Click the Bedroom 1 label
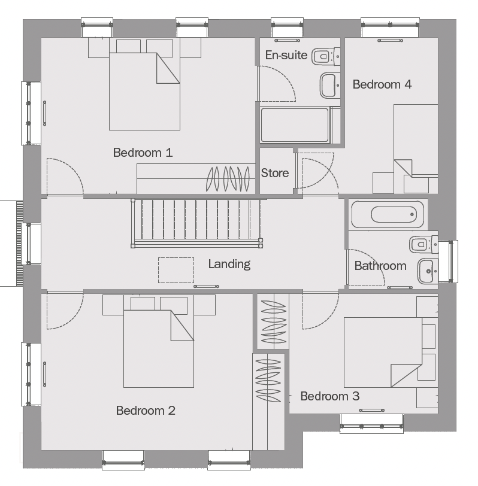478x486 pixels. [x=143, y=153]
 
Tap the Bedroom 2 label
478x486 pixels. [x=146, y=411]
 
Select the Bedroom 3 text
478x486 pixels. [x=329, y=396]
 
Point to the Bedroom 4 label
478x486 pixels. [x=382, y=84]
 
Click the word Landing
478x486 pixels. [x=229, y=265]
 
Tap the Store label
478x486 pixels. [x=275, y=173]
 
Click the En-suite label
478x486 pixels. [x=286, y=55]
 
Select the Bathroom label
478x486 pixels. [x=380, y=266]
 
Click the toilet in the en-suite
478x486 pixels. [x=326, y=56]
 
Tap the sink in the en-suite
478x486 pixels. [x=329, y=85]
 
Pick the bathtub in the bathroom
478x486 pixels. [x=388, y=214]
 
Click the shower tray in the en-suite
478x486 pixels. [x=295, y=125]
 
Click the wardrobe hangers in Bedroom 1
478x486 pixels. [x=228, y=179]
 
